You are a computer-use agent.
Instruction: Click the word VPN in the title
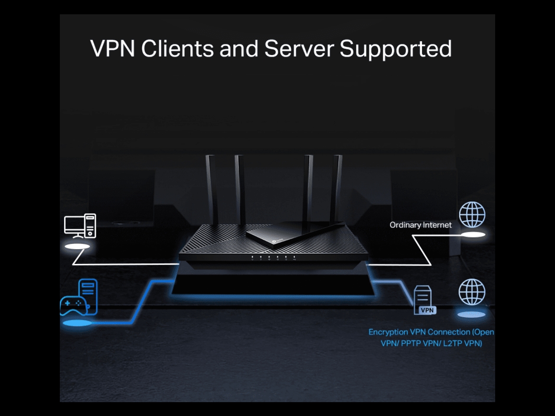113,49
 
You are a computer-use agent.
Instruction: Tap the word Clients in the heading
177,49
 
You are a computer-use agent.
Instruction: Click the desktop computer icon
80,226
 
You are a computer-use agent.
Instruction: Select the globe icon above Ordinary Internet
472,215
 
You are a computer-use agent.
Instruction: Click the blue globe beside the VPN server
472,292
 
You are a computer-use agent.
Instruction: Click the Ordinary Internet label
420,225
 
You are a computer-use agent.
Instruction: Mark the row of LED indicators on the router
273,258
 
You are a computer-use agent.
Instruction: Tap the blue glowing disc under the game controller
77,323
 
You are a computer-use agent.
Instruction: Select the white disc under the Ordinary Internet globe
473,234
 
